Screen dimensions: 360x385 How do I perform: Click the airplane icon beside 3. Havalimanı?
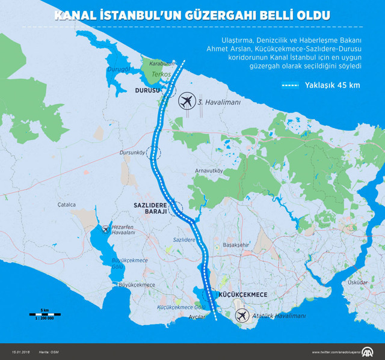point(188,101)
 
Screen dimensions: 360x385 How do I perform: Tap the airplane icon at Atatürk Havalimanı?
point(242,316)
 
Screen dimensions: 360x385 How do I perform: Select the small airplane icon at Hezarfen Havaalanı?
point(106,228)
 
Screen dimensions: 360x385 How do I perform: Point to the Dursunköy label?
point(134,152)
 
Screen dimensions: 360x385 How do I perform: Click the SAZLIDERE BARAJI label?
point(153,209)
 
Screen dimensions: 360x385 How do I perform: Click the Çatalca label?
point(67,204)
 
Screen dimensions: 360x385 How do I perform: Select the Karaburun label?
point(162,62)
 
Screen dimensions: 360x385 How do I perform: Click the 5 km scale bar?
point(45,313)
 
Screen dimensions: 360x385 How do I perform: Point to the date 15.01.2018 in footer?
point(21,352)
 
